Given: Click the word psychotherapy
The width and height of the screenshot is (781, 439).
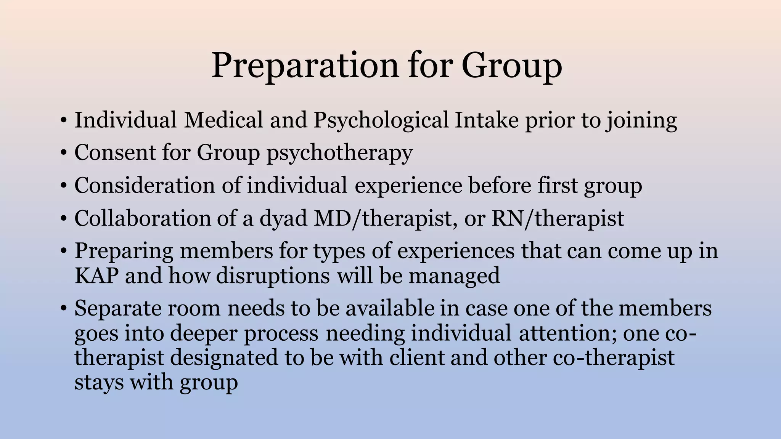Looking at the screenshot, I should [x=339, y=153].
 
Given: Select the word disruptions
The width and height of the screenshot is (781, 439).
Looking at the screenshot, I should [x=273, y=276].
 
